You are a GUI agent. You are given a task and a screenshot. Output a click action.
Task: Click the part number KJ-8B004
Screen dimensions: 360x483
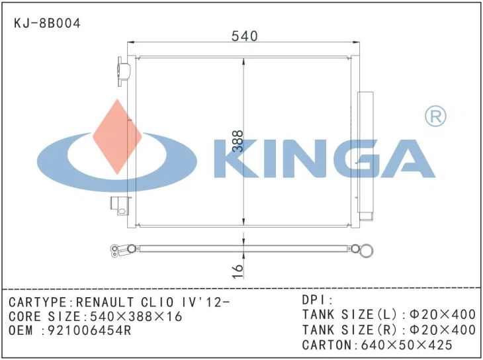tap(48, 23)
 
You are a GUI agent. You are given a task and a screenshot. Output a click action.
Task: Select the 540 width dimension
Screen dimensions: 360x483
tap(244, 36)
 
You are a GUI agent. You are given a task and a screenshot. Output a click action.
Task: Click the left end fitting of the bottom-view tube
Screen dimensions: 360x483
tap(122, 249)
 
